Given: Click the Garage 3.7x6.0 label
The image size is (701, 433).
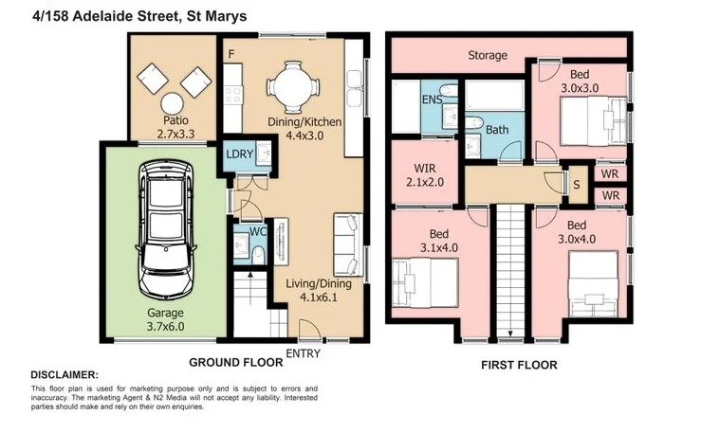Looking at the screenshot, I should [165, 319].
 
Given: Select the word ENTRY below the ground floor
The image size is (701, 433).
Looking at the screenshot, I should [304, 354].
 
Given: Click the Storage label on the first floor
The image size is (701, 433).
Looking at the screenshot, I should [487, 56].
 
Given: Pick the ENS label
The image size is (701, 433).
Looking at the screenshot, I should [431, 99].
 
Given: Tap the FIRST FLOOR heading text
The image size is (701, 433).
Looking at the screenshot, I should [518, 365].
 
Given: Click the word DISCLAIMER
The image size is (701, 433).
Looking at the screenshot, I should [64, 375].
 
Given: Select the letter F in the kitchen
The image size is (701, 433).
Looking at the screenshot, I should [230, 55].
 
